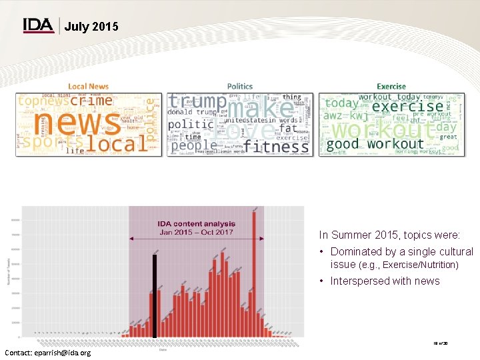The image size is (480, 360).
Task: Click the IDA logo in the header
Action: [38, 25]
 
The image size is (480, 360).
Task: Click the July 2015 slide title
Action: [92, 27]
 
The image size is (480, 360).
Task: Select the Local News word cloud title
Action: [88, 86]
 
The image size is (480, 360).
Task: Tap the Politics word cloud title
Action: [240, 86]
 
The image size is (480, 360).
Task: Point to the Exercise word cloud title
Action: [391, 86]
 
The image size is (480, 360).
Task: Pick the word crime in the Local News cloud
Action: [91, 101]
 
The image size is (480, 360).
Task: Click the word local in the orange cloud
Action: [117, 144]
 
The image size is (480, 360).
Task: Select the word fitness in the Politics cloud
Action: [276, 145]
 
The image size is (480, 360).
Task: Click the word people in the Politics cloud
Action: [194, 145]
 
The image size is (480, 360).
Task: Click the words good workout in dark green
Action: [375, 144]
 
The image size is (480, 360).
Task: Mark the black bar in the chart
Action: [155, 296]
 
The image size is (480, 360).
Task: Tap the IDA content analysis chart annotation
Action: [196, 224]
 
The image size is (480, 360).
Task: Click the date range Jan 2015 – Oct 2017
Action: [196, 232]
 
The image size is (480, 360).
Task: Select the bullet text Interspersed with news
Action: [385, 281]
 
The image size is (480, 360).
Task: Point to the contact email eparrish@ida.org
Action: [47, 352]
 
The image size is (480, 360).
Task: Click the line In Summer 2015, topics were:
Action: [389, 235]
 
